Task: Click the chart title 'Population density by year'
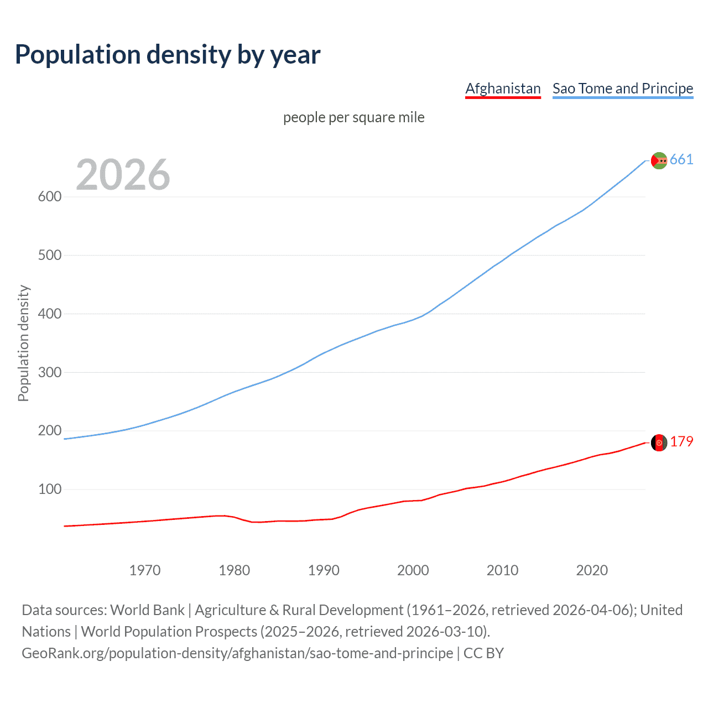(168, 55)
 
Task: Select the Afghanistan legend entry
(503, 88)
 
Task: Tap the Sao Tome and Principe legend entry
(623, 88)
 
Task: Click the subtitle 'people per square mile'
(353, 118)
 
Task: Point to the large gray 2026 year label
(123, 175)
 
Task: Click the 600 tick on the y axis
(49, 197)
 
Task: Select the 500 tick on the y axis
(49, 256)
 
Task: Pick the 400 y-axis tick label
(49, 314)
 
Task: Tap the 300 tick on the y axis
(49, 372)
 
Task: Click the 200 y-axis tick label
(49, 431)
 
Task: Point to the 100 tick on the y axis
(49, 490)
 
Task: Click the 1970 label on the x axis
(145, 570)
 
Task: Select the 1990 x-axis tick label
(324, 570)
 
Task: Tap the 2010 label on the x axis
(502, 570)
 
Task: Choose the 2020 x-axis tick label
(592, 570)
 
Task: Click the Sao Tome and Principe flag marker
(659, 160)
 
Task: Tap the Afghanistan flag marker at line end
(659, 442)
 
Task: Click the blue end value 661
(681, 160)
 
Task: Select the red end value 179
(681, 442)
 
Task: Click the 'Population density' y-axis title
(23, 343)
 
